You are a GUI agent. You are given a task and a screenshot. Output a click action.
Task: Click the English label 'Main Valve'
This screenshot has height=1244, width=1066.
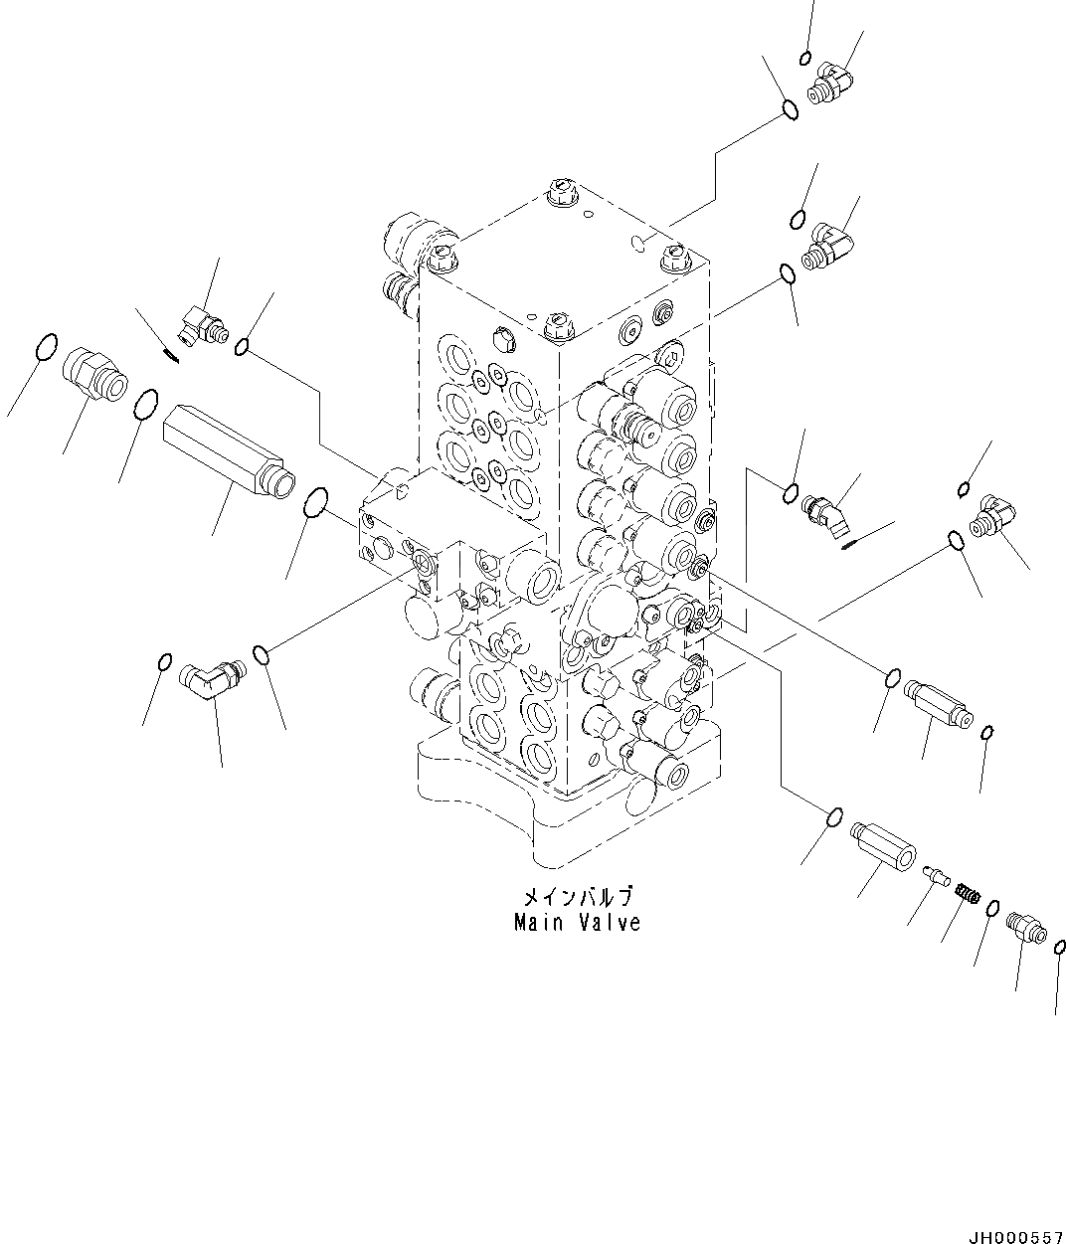577,922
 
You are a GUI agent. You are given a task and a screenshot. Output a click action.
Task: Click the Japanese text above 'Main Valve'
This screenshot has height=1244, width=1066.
578,897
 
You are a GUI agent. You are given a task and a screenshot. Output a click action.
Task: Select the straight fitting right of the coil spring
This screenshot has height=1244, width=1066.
1025,924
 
